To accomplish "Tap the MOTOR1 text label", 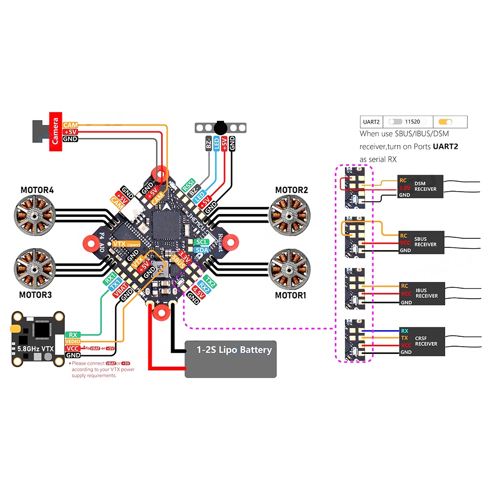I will tap(291, 295).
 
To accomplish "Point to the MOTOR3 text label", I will tap(35, 295).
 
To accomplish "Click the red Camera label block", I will tap(56, 131).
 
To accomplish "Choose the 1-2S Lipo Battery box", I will tap(231, 359).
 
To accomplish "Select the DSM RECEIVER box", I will tap(420, 186).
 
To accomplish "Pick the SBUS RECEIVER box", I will tap(420, 243).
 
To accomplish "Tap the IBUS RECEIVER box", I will tap(421, 293).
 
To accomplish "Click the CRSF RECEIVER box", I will tap(420, 341).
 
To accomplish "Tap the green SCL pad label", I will tap(201, 243).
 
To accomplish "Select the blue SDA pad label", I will tap(202, 250).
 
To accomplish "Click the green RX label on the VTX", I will tap(73, 335).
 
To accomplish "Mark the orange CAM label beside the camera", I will tap(70, 125).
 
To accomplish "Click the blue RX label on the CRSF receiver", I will tap(405, 331).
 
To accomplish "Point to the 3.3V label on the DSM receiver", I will tap(404, 188).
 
